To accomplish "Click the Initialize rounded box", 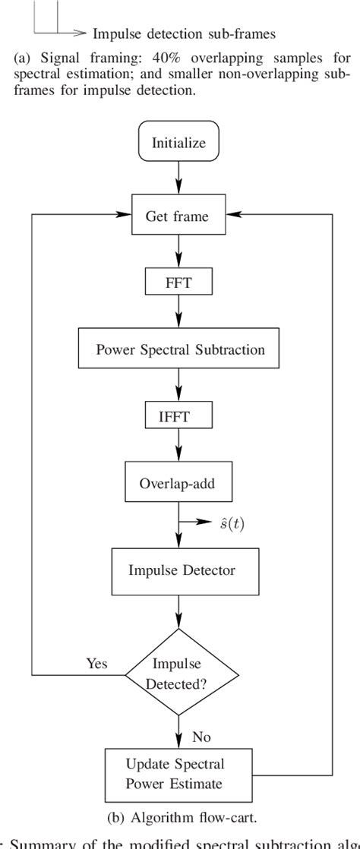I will click(179, 143).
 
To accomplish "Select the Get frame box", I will click(179, 216).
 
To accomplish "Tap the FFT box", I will click(179, 283).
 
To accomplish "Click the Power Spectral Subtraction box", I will click(179, 350).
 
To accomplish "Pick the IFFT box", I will click(179, 416).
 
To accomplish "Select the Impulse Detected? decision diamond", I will click(179, 672).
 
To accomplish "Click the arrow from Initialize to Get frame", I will click(179, 179).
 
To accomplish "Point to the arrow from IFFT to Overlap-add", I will click(179, 448).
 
